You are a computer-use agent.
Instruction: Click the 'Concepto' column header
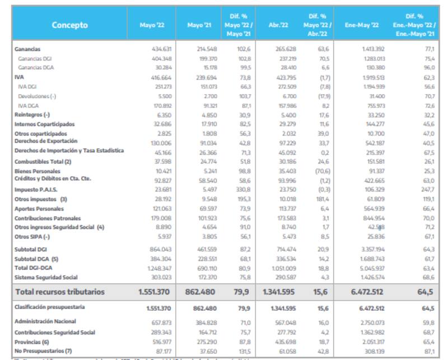(70, 25)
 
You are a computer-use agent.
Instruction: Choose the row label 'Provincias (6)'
(32, 341)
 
